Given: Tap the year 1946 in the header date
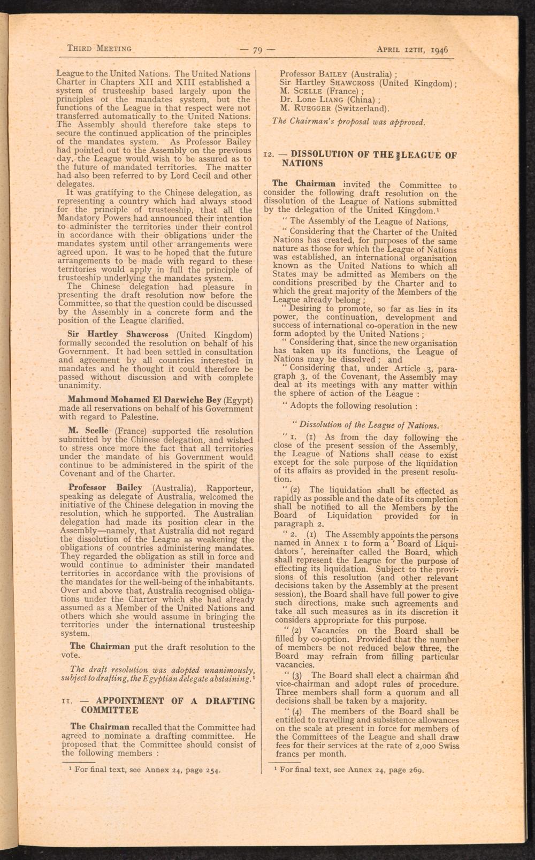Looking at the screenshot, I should point(438,50).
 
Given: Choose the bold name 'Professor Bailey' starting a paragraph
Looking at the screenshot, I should point(105,488).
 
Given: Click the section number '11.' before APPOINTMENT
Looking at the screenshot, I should point(66,701).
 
